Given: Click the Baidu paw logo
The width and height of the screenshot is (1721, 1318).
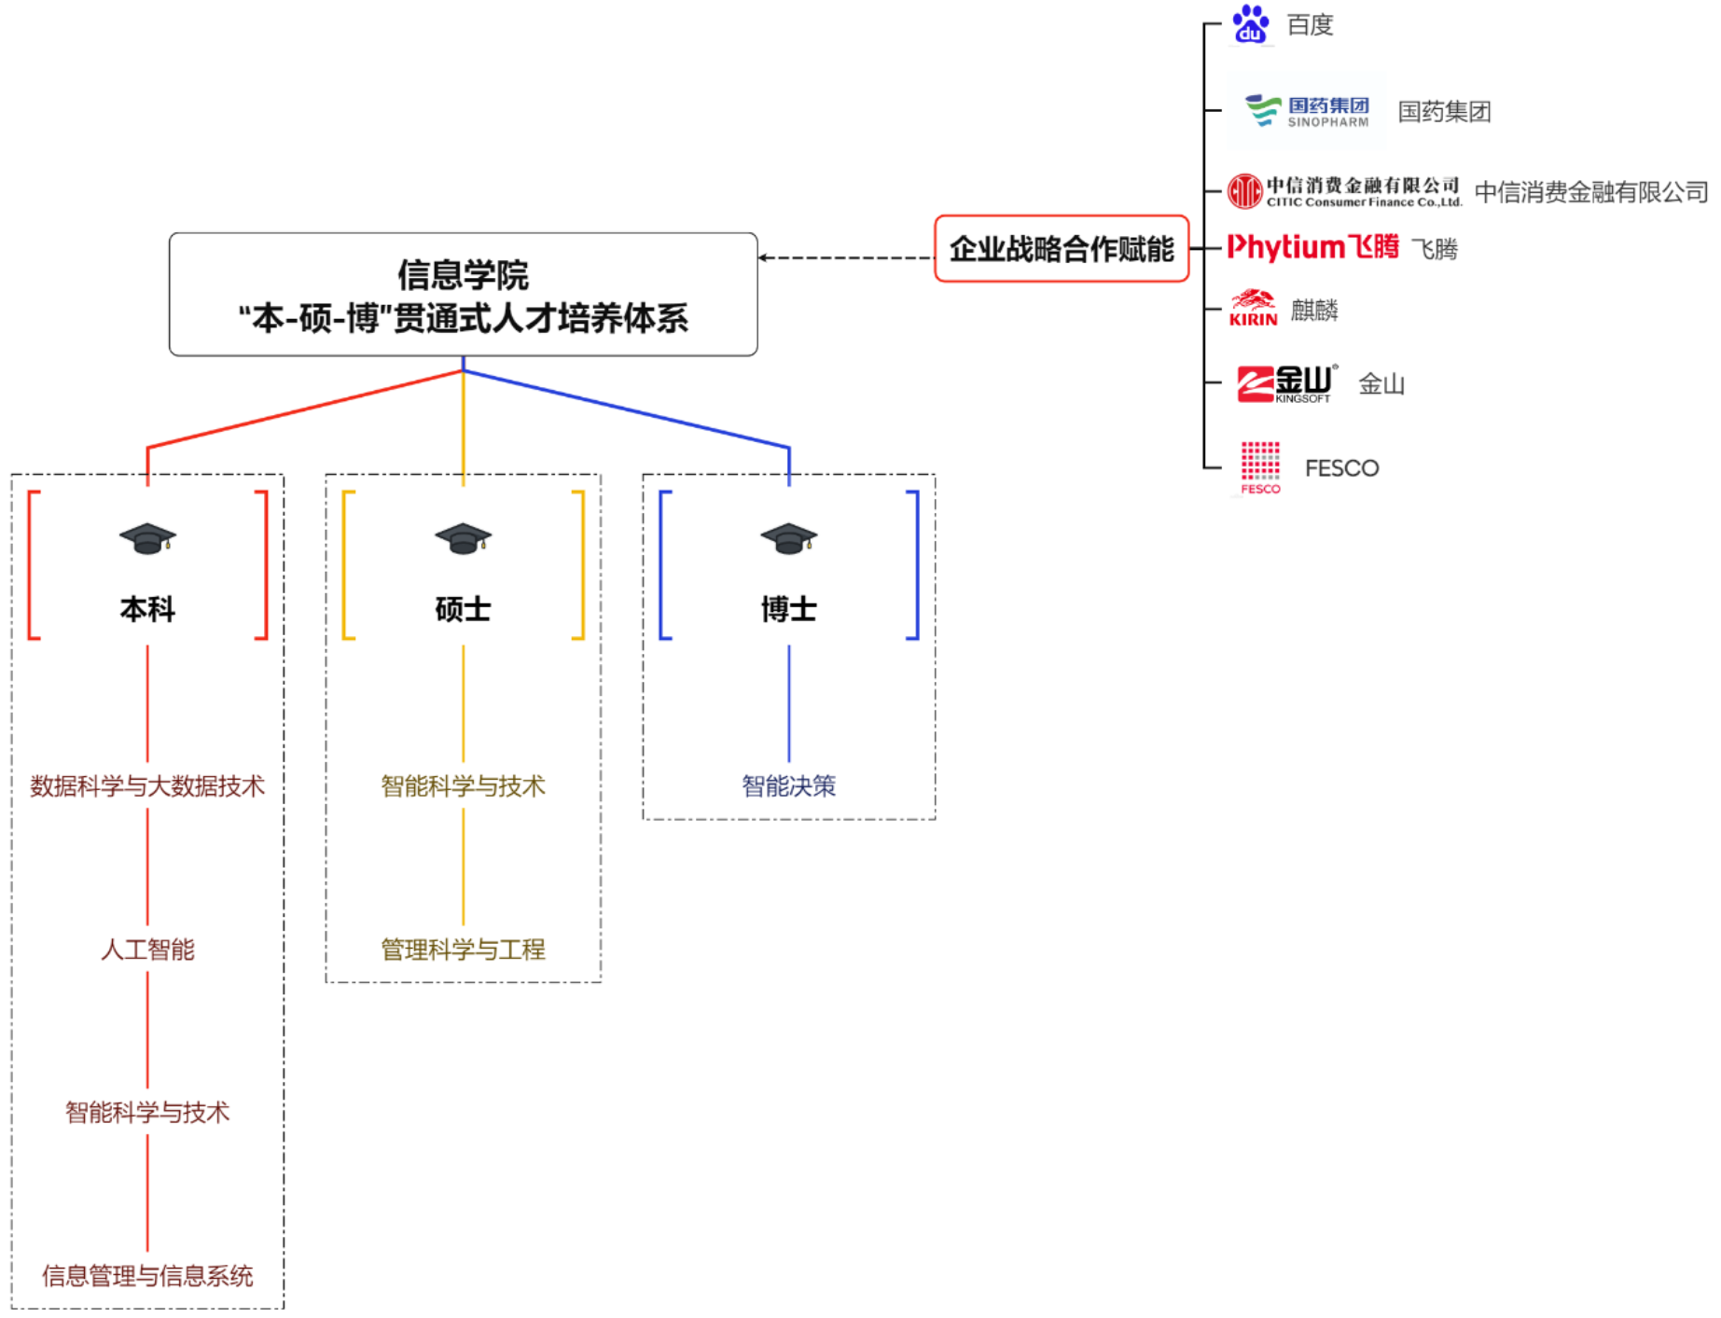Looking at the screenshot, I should pyautogui.click(x=1250, y=24).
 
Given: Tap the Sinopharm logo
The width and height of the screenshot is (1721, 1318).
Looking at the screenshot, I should pyautogui.click(x=1307, y=111).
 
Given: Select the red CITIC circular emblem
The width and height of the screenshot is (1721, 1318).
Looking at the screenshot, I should pyautogui.click(x=1244, y=191).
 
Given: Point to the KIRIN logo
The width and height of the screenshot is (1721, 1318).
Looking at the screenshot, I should pyautogui.click(x=1253, y=308).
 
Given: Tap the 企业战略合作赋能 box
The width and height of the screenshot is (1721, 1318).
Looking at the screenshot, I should pyautogui.click(x=1062, y=249).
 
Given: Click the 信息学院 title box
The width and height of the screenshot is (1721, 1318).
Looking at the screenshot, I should pyautogui.click(x=463, y=295).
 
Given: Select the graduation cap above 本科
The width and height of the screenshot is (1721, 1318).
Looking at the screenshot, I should pyautogui.click(x=147, y=538).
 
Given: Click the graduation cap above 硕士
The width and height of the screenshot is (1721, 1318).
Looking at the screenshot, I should pyautogui.click(x=463, y=538).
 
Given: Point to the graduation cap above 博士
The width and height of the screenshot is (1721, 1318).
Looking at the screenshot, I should pyautogui.click(x=788, y=538).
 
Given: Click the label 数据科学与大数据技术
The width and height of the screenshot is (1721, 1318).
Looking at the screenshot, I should pyautogui.click(x=147, y=786).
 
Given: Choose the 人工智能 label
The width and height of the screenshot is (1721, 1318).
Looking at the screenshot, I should pyautogui.click(x=147, y=950).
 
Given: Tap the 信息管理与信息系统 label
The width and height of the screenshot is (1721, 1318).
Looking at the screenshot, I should pyautogui.click(x=147, y=1275).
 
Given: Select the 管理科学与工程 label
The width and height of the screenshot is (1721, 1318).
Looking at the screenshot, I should pyautogui.click(x=463, y=950).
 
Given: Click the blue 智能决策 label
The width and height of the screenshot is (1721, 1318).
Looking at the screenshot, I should pyautogui.click(x=788, y=786).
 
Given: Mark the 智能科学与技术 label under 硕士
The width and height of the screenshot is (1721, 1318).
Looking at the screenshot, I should pyautogui.click(x=463, y=786).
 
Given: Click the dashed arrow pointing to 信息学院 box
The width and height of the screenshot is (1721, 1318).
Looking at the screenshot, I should pyautogui.click(x=845, y=257).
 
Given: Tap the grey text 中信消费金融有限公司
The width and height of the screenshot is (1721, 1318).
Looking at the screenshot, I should pyautogui.click(x=1590, y=192).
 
